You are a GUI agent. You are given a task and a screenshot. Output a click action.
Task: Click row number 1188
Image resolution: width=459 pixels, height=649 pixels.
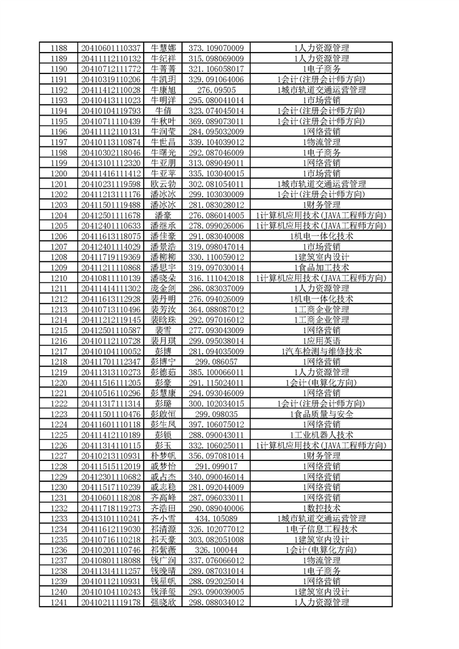click(x=58, y=48)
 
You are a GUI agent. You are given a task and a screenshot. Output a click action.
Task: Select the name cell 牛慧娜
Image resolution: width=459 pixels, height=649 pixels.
click(x=163, y=48)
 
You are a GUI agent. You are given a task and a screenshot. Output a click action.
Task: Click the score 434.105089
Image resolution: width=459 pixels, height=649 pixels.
click(x=216, y=519)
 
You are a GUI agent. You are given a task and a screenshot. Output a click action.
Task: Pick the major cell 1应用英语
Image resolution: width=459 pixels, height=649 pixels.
click(x=321, y=341)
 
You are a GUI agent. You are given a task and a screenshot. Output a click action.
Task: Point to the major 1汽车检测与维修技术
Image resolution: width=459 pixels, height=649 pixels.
click(x=321, y=351)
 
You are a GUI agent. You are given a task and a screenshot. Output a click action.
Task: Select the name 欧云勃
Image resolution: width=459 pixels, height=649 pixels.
click(x=163, y=184)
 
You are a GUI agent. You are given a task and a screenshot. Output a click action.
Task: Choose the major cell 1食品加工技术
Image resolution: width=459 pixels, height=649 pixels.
click(x=321, y=267)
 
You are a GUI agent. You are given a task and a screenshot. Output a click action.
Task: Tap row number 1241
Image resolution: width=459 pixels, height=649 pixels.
click(x=58, y=603)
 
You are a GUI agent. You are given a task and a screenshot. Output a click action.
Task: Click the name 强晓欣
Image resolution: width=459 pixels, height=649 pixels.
click(x=163, y=603)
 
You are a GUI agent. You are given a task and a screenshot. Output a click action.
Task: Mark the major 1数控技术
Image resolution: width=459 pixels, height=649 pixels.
click(x=321, y=508)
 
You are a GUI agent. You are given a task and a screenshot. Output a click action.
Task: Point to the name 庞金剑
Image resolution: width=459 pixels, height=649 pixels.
click(x=163, y=288)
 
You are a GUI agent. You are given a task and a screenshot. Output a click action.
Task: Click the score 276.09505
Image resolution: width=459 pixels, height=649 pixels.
click(x=216, y=90)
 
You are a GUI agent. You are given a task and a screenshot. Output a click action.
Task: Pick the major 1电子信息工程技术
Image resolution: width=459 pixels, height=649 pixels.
click(x=321, y=529)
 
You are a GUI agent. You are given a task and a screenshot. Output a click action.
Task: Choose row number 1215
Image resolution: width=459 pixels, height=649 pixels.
click(x=58, y=330)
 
